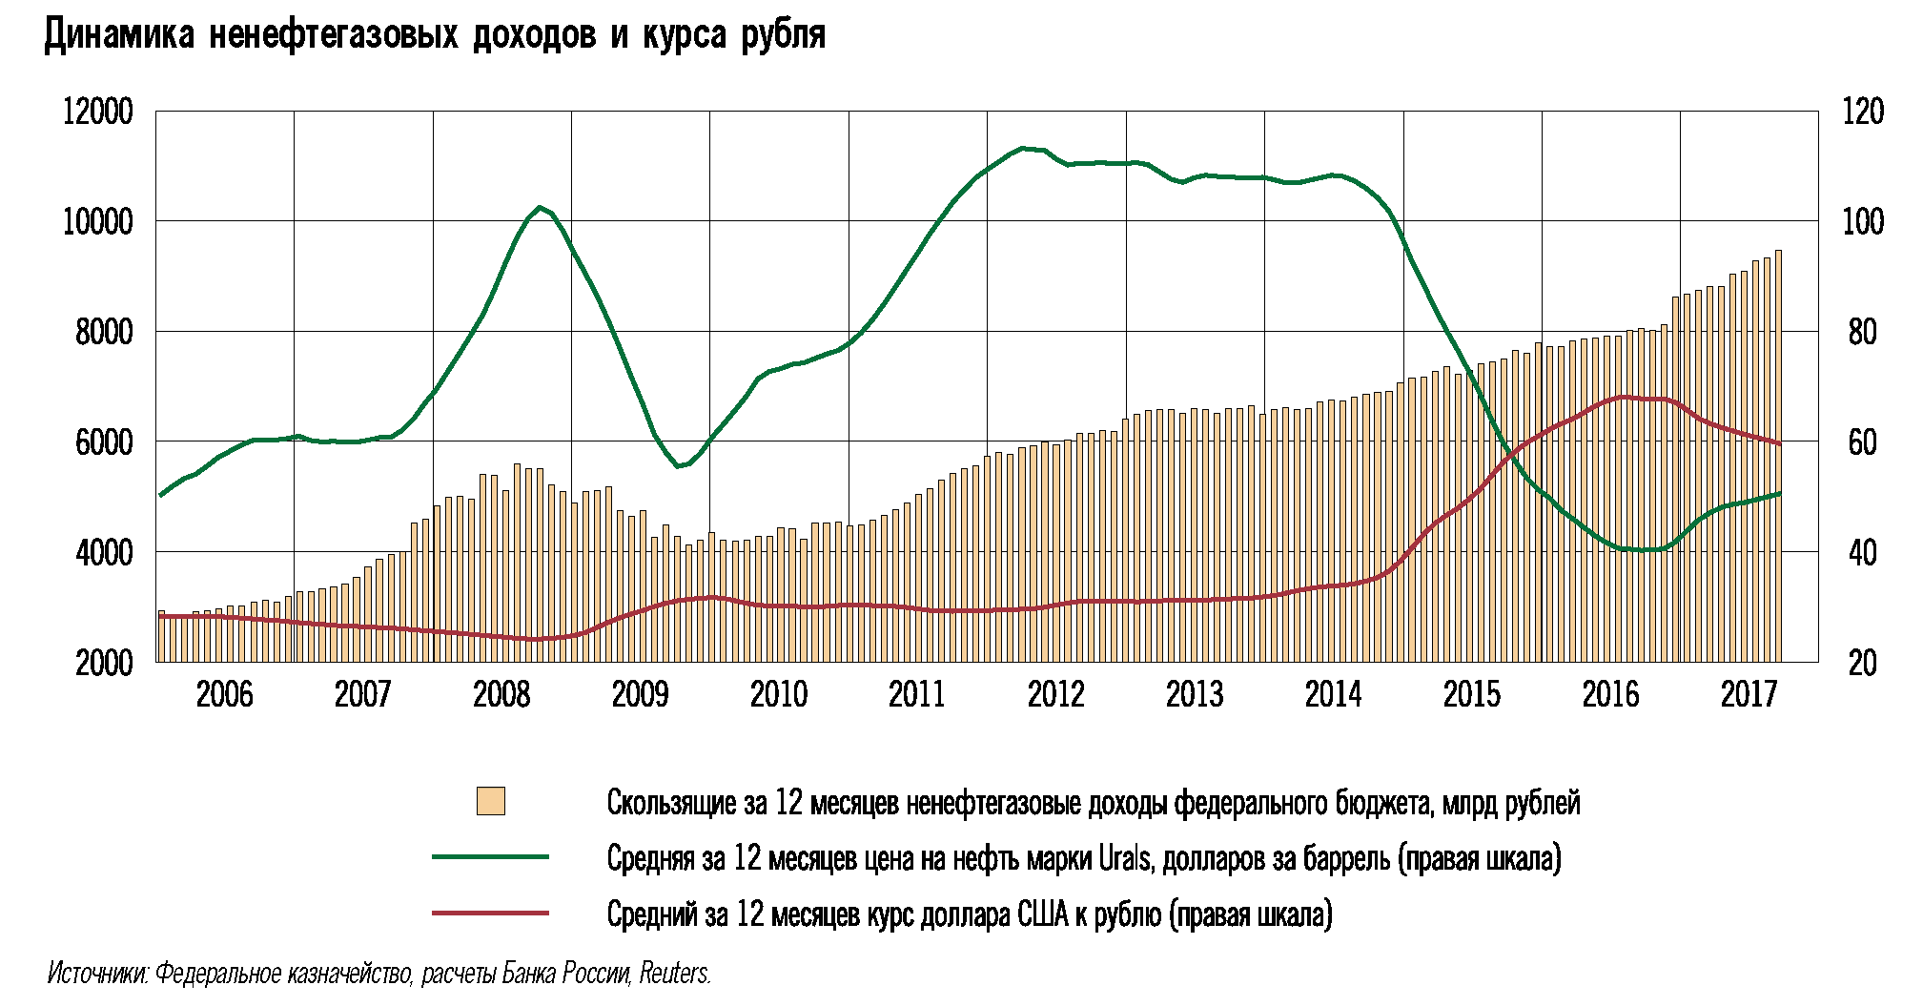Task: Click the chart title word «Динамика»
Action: [x=119, y=35]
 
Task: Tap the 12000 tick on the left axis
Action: [x=98, y=112]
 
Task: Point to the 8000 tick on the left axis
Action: [x=104, y=332]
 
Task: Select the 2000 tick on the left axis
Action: [x=104, y=662]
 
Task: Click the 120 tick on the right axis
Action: [x=1863, y=112]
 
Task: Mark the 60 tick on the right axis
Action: [x=1863, y=442]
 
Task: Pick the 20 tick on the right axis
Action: [x=1863, y=662]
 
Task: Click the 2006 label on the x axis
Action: [x=225, y=694]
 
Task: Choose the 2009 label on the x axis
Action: [x=640, y=694]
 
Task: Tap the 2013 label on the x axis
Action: [x=1194, y=694]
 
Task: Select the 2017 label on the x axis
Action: [x=1749, y=694]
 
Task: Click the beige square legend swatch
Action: [x=491, y=801]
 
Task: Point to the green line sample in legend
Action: [x=490, y=857]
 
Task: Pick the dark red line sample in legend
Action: [x=490, y=913]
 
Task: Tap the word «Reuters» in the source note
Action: [x=675, y=974]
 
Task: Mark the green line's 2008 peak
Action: [x=540, y=207]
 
